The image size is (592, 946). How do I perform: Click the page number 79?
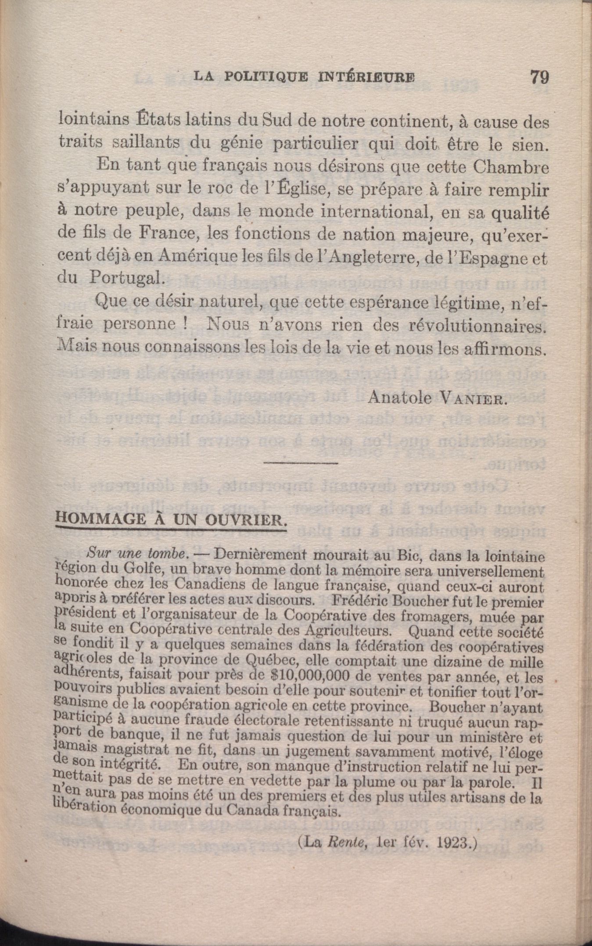539,77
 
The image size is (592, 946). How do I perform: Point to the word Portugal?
123,278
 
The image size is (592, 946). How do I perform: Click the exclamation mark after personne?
185,325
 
